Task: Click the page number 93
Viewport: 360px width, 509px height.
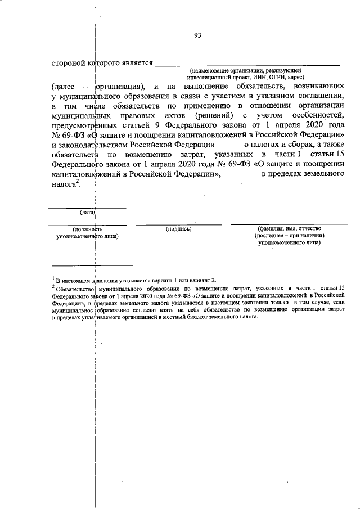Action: coord(197,35)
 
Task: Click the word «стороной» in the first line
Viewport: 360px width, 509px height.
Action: coord(67,62)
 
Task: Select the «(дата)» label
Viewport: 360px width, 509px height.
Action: coord(87,213)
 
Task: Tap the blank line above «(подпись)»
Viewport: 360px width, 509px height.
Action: coord(179,224)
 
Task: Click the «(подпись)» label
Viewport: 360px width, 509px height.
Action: coord(179,229)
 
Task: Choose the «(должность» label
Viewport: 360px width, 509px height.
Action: coord(87,229)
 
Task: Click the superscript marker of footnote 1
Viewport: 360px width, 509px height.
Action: coord(52,277)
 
